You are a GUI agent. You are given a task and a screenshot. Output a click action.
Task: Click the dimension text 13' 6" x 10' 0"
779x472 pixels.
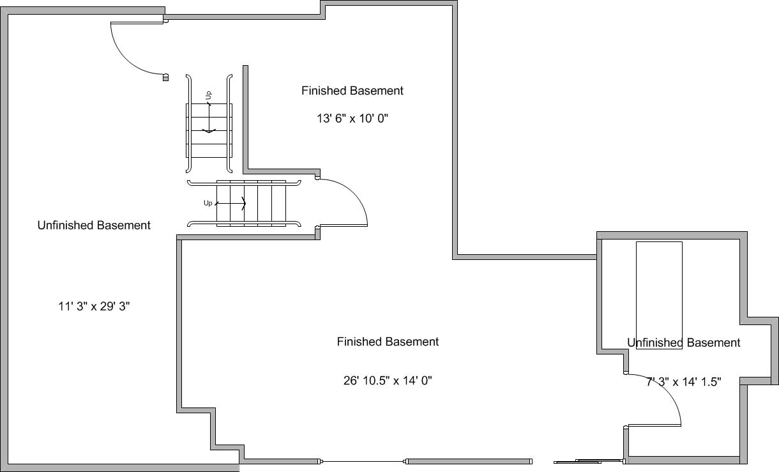pos(352,119)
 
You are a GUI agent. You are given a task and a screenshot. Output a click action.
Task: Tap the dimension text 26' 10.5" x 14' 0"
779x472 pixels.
pos(388,381)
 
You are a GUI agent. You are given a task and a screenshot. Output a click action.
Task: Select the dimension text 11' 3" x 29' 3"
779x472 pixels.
pos(94,307)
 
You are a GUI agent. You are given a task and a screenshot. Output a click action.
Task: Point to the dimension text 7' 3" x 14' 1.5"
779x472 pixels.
pos(684,382)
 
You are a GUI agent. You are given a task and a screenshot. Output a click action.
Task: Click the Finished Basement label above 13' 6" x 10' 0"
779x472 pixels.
pos(352,91)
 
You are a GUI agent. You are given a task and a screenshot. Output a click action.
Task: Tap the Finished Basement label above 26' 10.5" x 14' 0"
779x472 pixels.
pos(388,342)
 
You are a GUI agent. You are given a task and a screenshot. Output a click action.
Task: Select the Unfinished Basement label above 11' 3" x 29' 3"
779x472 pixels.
pos(94,225)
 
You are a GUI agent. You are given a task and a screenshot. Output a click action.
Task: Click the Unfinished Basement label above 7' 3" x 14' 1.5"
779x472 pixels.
pos(684,343)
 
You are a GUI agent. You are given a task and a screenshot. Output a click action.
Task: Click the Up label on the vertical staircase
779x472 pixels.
pos(208,95)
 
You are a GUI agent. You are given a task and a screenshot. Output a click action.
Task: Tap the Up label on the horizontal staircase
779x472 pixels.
pos(208,203)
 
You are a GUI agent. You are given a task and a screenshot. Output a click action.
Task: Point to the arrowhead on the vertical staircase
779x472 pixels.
pos(209,131)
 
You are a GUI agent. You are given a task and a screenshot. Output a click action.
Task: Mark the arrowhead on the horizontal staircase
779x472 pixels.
pos(244,204)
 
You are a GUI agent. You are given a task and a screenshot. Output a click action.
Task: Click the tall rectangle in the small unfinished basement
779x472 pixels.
pos(659,295)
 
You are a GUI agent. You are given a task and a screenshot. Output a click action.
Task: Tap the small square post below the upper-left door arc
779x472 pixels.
pos(165,77)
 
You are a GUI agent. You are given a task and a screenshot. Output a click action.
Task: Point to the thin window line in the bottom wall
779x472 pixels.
pos(363,462)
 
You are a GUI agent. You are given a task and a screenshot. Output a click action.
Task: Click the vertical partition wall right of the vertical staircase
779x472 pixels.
pos(246,118)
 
